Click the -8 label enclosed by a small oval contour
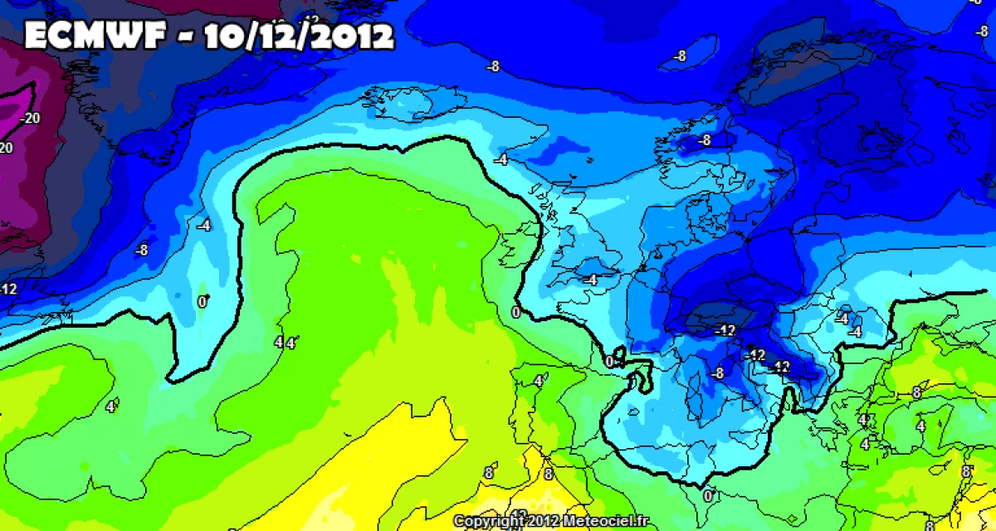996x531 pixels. (681, 56)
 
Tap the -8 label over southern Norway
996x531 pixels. (705, 140)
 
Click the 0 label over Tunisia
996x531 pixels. (708, 495)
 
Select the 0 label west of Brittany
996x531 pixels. (515, 312)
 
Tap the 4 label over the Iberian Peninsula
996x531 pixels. (539, 381)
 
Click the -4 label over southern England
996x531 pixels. (589, 280)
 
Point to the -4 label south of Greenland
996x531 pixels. (203, 224)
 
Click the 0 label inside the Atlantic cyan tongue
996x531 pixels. (203, 302)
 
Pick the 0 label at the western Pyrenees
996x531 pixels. (610, 362)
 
